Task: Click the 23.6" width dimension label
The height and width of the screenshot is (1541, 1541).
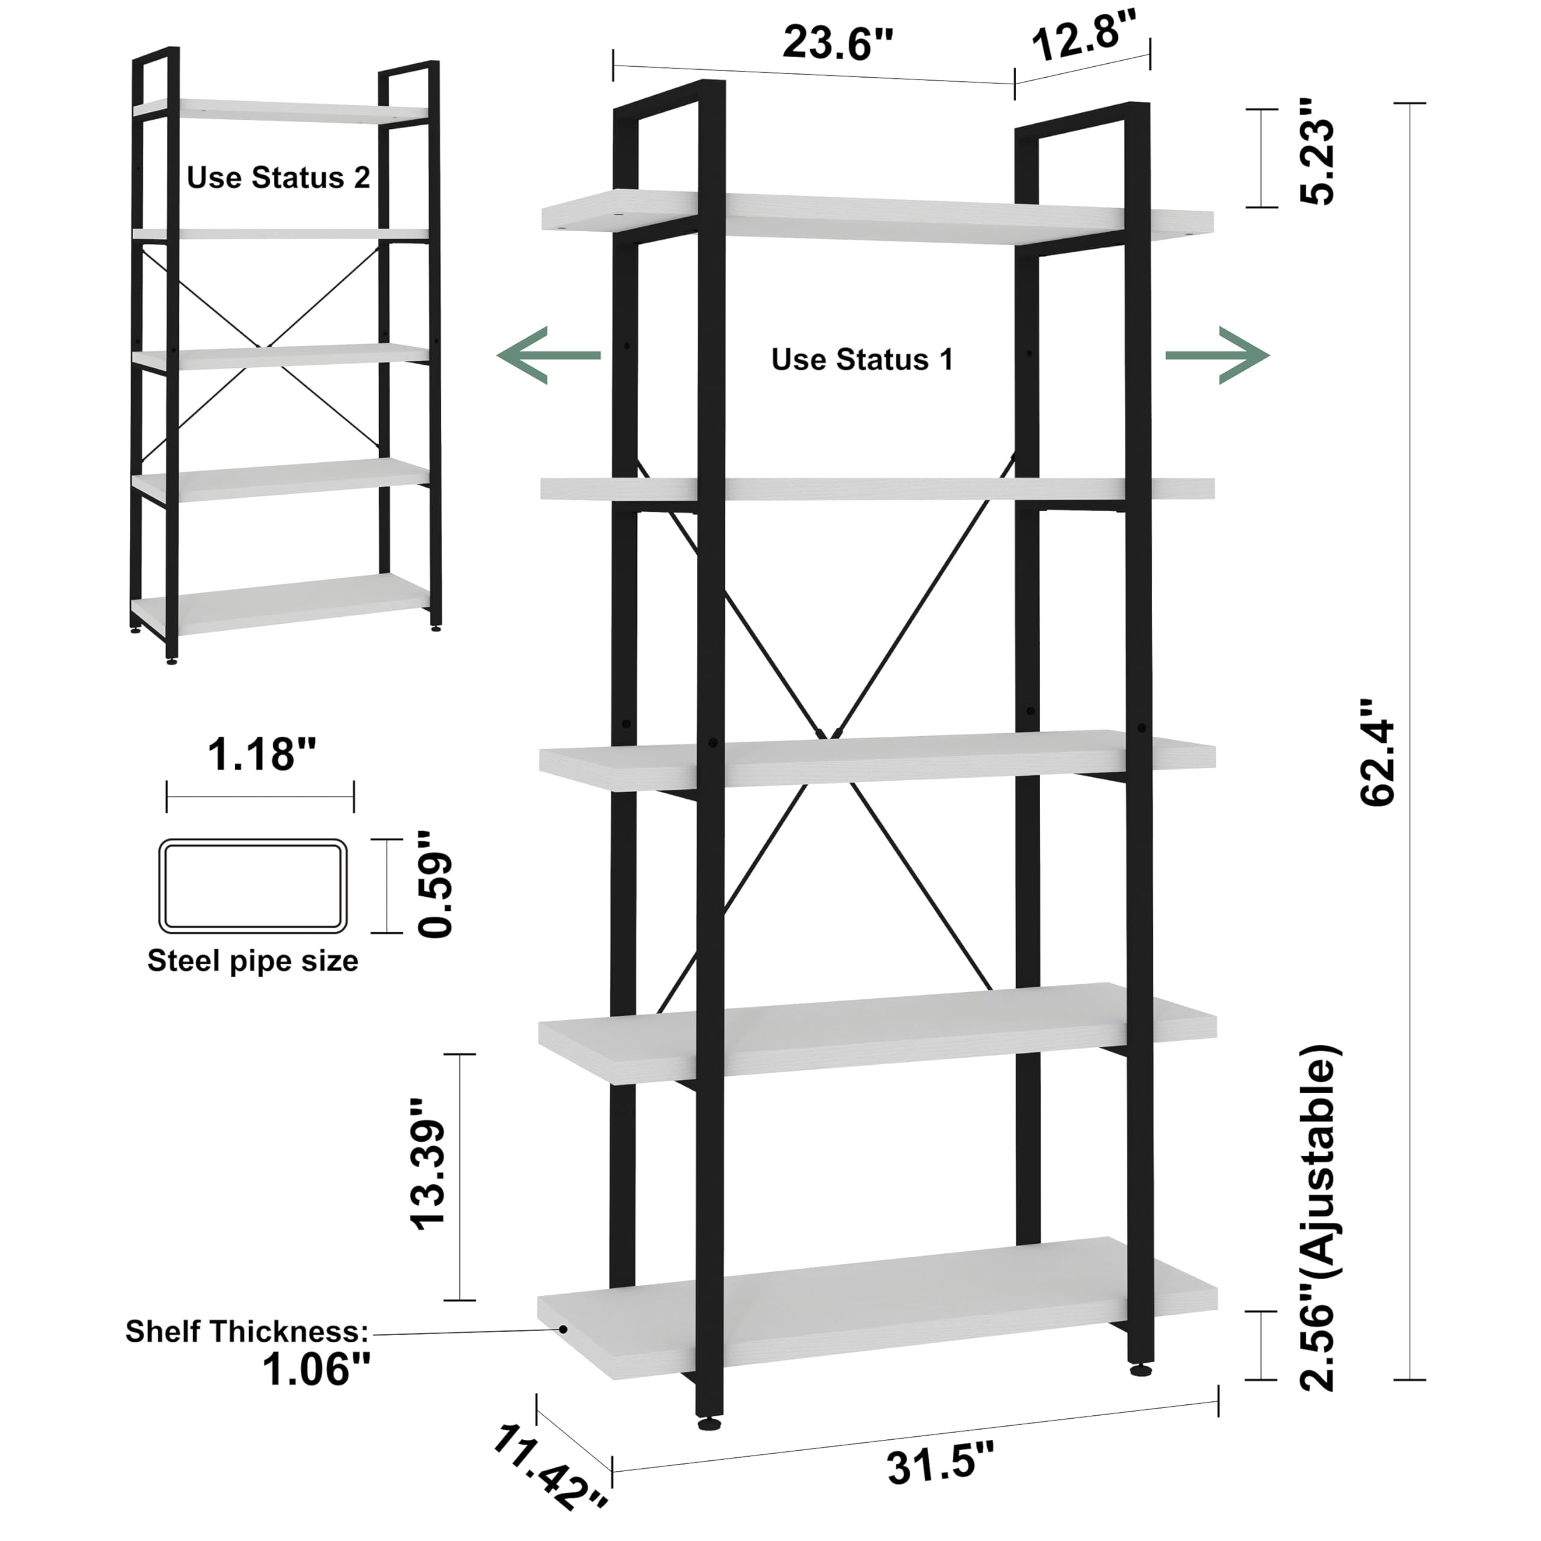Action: click(839, 43)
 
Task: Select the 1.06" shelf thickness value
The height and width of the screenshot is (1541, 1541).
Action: click(317, 1369)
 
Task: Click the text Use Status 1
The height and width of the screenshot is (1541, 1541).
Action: click(862, 360)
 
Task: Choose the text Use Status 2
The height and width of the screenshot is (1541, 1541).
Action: click(278, 177)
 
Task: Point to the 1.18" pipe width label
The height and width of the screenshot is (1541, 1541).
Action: click(261, 754)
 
